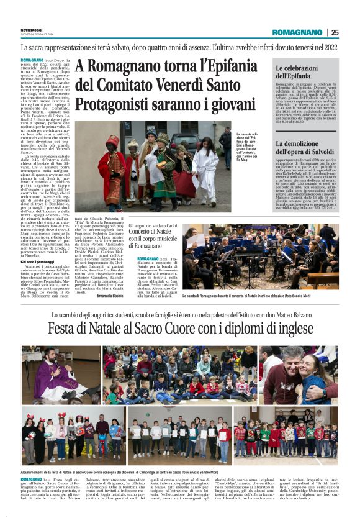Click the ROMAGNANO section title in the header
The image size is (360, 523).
pyautogui.click(x=298, y=32)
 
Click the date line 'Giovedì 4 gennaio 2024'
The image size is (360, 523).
pyautogui.click(x=37, y=35)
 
